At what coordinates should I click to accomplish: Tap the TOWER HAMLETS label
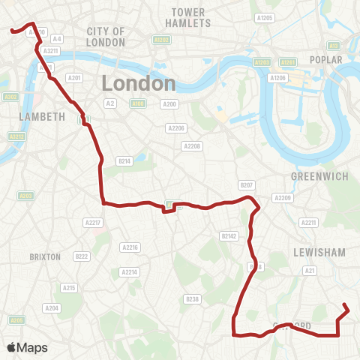coord(188,18)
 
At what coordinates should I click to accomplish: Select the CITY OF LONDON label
coord(106,35)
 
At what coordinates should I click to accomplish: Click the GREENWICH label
coord(318,176)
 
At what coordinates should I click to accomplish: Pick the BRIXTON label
coord(44,256)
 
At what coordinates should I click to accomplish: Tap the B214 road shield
coord(124,160)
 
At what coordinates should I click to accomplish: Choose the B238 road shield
coord(192,299)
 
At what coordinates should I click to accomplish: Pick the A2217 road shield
coord(93,223)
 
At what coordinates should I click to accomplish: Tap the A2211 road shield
coord(308,223)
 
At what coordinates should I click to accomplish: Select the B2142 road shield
coord(229,235)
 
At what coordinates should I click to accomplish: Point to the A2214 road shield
coord(130,272)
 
